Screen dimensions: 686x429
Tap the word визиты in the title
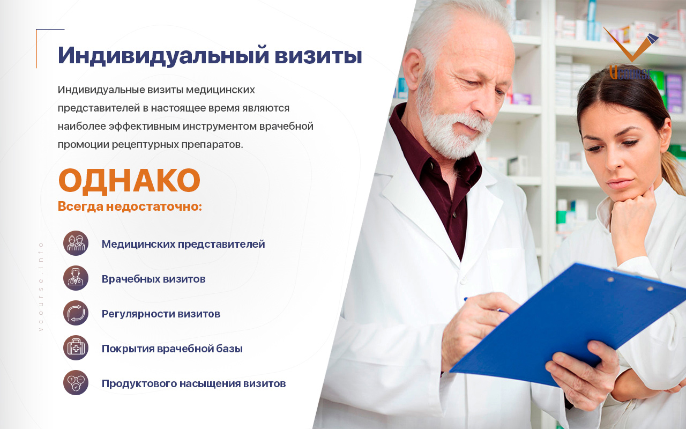point(318,55)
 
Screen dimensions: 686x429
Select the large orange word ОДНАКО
point(129,181)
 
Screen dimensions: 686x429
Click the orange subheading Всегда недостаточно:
point(130,206)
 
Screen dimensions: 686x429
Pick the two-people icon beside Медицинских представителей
point(76,243)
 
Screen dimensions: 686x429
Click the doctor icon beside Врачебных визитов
point(76,278)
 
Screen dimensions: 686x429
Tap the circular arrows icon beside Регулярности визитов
point(76,313)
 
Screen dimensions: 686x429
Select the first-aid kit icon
point(76,348)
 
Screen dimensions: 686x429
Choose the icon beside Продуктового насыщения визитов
point(76,383)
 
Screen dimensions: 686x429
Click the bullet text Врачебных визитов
point(153,279)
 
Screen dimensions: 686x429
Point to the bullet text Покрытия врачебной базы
point(172,349)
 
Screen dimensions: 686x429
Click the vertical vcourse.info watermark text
point(41,286)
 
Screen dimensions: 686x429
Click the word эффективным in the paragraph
point(145,126)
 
